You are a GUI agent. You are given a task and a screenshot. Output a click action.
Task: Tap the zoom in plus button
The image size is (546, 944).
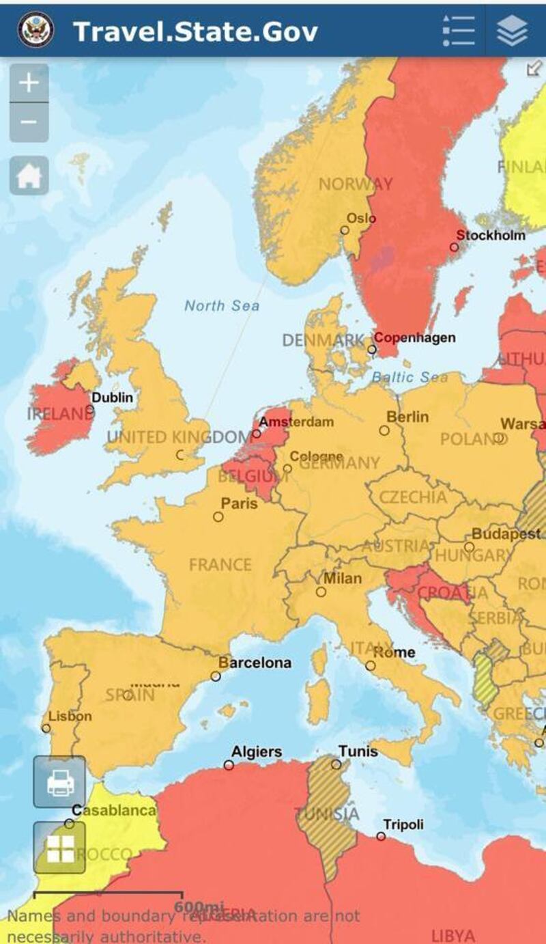[x=29, y=83]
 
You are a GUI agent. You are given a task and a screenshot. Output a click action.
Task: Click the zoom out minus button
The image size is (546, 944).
[x=29, y=122]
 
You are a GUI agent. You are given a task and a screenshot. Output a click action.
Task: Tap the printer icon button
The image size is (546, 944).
[x=59, y=781]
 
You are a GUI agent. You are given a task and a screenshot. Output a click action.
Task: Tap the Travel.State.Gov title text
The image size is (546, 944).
[x=195, y=31]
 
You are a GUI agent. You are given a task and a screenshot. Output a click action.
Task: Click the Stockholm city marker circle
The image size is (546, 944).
[x=454, y=247]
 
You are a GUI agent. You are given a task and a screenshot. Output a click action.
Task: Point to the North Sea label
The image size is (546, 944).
[x=222, y=305]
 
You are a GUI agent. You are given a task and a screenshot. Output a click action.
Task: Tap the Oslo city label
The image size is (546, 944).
[x=361, y=218]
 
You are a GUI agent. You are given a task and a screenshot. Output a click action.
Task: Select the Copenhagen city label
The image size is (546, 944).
[x=414, y=337]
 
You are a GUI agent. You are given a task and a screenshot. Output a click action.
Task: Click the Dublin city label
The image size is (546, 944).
[x=113, y=397]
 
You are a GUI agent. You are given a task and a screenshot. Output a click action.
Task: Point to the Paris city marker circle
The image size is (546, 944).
[x=218, y=516]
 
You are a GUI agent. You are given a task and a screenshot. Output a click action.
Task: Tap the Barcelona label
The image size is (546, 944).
[x=255, y=663]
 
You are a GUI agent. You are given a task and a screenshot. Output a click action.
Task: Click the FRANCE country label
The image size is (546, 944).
[x=220, y=565]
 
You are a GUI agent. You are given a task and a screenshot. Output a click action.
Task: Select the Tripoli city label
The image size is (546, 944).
[x=403, y=824]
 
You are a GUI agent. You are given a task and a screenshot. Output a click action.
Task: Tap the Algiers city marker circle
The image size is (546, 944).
[x=229, y=765]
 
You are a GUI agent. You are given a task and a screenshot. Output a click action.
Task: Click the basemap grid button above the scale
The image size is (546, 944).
[x=59, y=848]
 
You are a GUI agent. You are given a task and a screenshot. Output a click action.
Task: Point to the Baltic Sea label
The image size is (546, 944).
[x=409, y=377]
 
